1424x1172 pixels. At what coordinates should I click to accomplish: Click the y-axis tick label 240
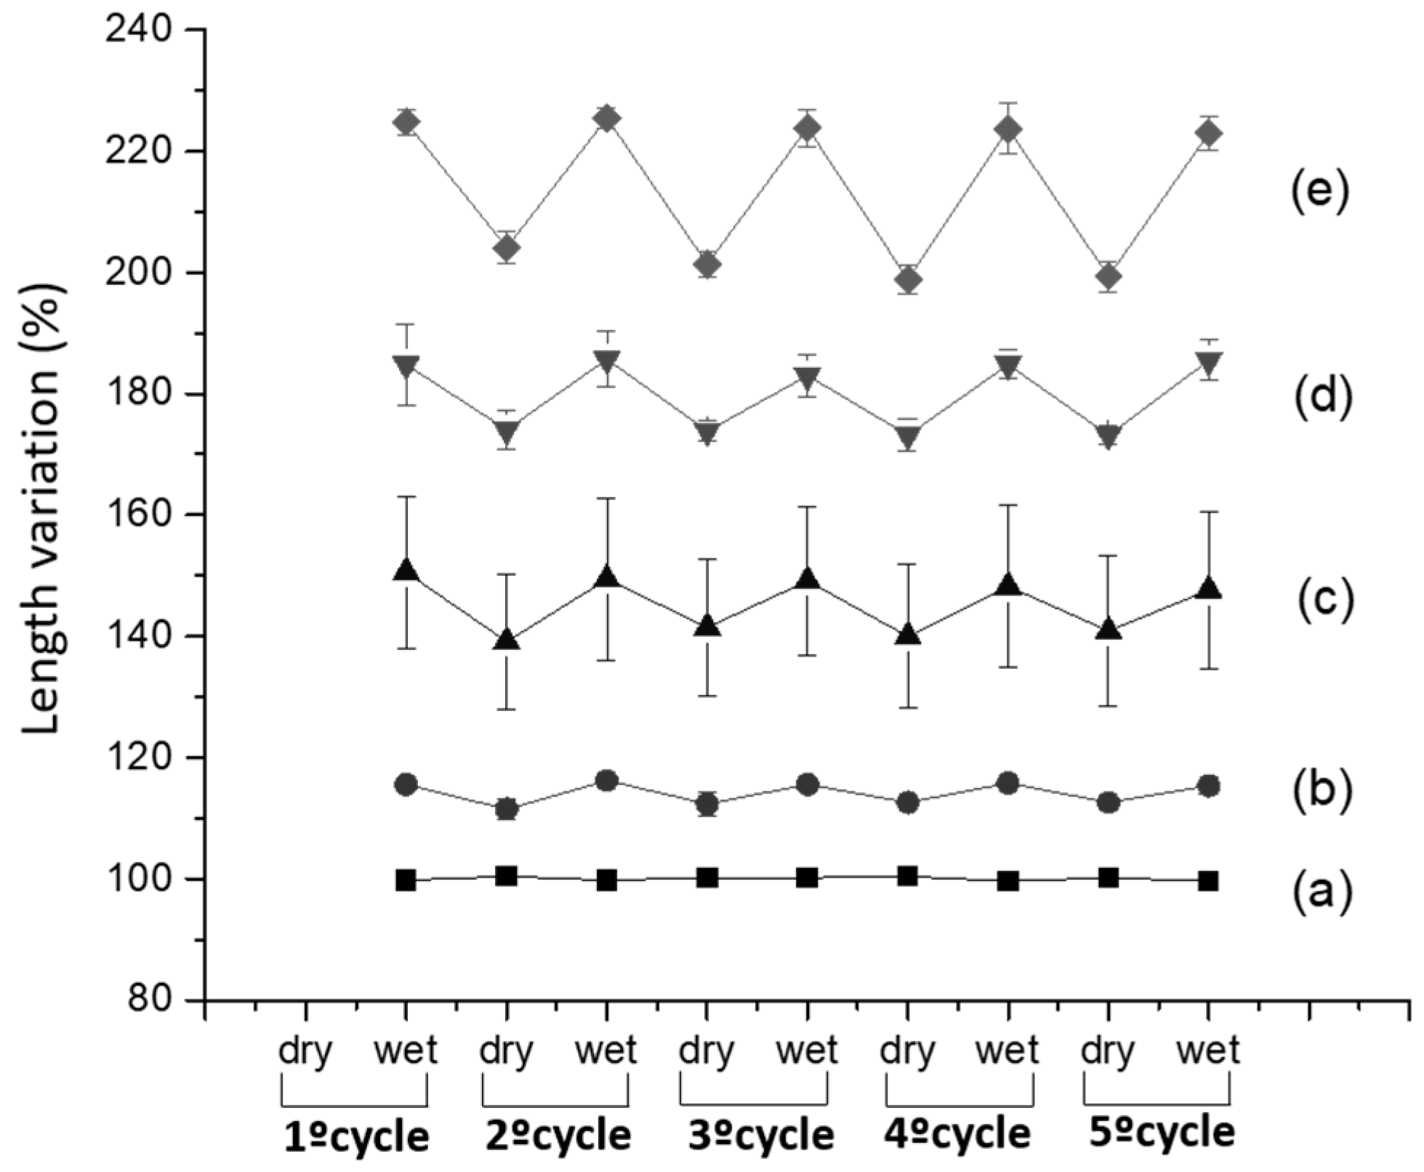pyautogui.click(x=138, y=31)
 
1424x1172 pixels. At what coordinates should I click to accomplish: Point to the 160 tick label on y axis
pyautogui.click(x=138, y=515)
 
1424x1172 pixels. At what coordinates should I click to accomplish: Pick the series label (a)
pyautogui.click(x=1322, y=892)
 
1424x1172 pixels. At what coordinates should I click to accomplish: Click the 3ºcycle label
pyautogui.click(x=761, y=1136)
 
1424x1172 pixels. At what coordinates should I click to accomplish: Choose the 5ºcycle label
pyautogui.click(x=1162, y=1133)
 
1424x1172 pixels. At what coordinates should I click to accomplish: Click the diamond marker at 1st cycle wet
pyautogui.click(x=406, y=123)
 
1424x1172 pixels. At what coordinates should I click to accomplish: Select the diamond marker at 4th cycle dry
pyautogui.click(x=908, y=279)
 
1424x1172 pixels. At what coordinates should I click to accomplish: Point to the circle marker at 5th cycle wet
pyautogui.click(x=1208, y=786)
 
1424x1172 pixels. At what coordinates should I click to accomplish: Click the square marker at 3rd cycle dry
pyautogui.click(x=707, y=878)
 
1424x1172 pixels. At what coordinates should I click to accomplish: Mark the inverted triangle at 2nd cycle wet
pyautogui.click(x=607, y=361)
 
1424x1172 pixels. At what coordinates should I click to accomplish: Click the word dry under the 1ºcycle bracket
pyautogui.click(x=306, y=1052)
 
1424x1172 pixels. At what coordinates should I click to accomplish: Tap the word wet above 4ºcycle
pyautogui.click(x=1007, y=1051)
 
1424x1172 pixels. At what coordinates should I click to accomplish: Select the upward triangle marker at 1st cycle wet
pyautogui.click(x=406, y=571)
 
